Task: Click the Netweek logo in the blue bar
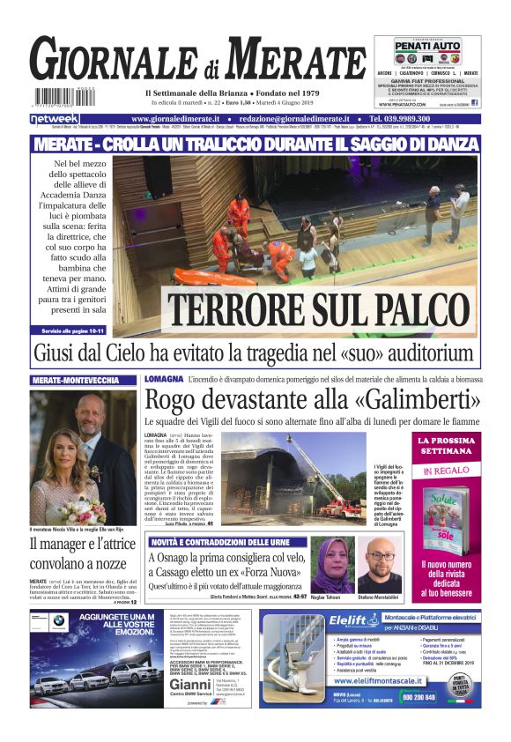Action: coord(55,119)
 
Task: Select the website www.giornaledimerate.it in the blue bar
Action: coord(182,119)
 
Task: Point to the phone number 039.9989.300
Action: coord(423,119)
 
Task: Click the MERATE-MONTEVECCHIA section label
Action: coord(74,380)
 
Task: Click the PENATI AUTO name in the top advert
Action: coord(426,45)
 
